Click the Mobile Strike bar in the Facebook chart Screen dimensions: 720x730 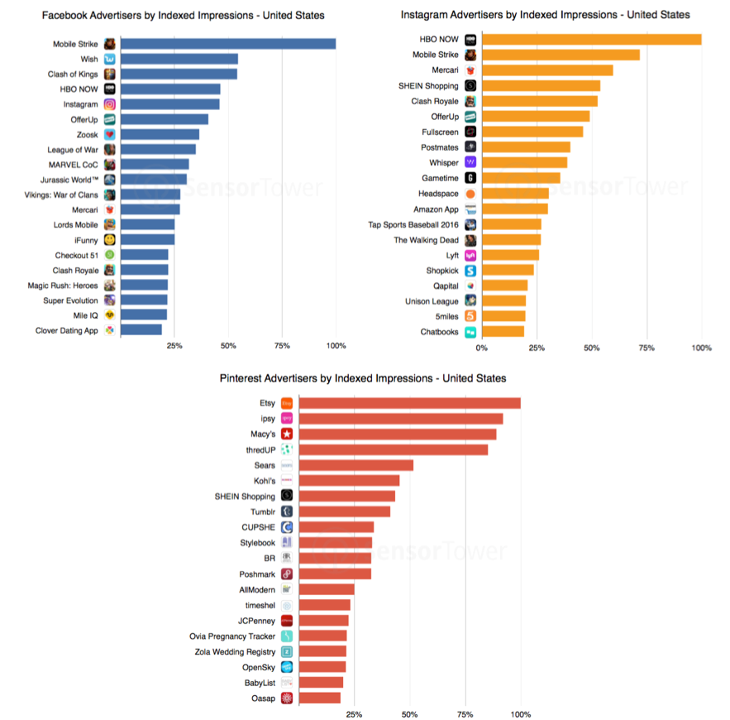(228, 44)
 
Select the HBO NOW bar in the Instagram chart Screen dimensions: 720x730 (591, 40)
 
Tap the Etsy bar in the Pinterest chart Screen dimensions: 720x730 (409, 403)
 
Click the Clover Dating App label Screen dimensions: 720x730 (67, 330)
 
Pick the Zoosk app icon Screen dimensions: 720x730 (110, 135)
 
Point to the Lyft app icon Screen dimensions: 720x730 (470, 255)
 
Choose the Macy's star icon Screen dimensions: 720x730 (287, 434)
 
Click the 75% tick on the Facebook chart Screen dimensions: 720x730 (282, 345)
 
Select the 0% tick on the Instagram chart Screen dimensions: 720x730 (481, 348)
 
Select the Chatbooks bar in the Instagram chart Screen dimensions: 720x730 (503, 331)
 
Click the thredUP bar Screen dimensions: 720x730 (393, 449)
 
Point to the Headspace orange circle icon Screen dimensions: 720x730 (470, 194)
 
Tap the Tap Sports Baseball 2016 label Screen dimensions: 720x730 (413, 225)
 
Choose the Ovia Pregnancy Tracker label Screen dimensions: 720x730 (232, 636)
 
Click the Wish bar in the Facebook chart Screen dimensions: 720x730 (179, 59)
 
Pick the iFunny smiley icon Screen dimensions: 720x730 (110, 240)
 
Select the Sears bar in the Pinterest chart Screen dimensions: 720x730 (355, 465)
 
